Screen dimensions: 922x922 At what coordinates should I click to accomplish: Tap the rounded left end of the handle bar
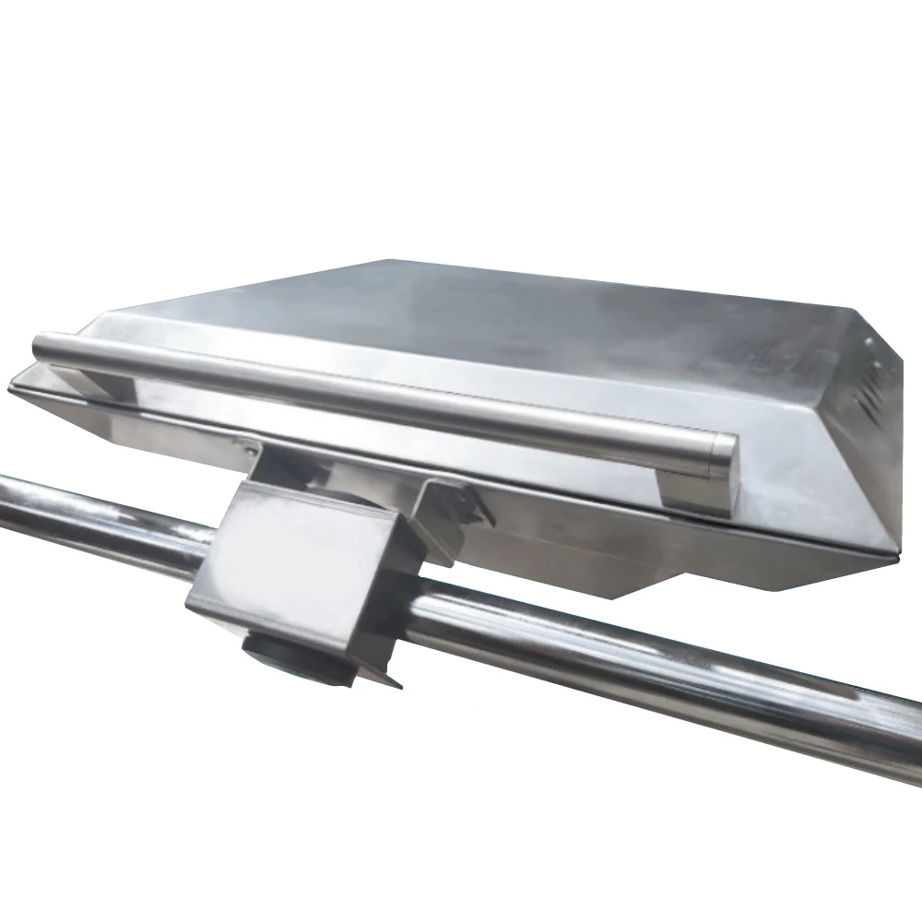41,349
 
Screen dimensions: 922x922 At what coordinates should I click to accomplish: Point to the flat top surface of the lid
516,313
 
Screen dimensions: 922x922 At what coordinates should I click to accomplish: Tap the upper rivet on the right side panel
868,342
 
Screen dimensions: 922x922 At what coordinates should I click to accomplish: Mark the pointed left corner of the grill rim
13,384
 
